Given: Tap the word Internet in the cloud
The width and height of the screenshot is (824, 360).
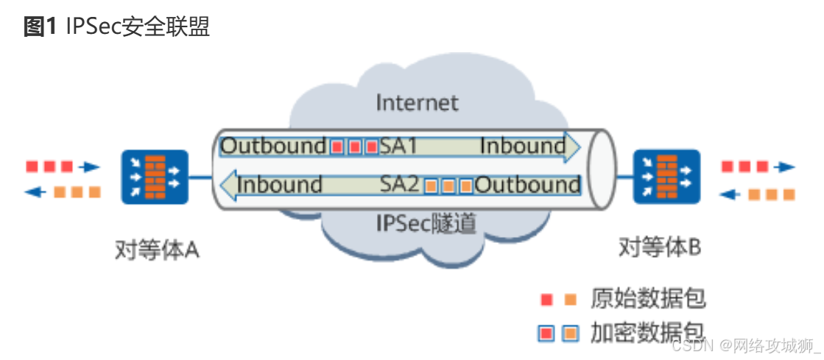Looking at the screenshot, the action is point(417,102).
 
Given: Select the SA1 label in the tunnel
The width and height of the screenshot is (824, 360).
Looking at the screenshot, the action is point(398,146).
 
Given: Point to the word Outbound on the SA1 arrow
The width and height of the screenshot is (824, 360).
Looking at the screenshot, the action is point(273,146).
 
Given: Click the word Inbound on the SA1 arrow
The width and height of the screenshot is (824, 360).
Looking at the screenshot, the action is point(522,146).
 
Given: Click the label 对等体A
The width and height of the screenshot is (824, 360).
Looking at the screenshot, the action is point(157,250).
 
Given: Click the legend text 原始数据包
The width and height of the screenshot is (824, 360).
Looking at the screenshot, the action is point(648,298).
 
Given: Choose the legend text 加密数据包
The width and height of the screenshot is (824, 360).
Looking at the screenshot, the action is point(648,333).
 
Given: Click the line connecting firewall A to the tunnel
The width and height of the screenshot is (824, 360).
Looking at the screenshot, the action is point(200,177).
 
